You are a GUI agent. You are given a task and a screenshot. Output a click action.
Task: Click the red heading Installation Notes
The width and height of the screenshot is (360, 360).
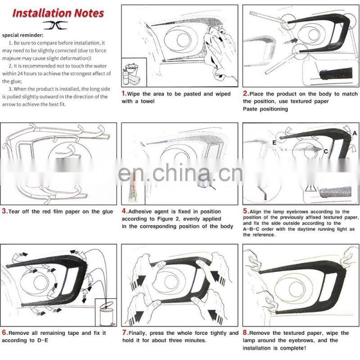pos(58,13)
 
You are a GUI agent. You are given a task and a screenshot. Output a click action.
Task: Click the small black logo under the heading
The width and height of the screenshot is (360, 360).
pos(55,25)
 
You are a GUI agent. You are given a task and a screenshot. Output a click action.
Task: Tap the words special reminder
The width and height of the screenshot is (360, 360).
pos(22,36)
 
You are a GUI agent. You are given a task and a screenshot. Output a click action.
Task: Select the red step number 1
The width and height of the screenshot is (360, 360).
pos(124,94)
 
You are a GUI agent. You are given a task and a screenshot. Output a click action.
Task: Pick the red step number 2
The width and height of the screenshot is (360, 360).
pos(246,94)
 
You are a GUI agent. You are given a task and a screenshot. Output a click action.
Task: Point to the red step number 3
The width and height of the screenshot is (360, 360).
pos(4,211)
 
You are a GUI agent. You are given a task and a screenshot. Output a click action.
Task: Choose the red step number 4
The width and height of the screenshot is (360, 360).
pos(124,211)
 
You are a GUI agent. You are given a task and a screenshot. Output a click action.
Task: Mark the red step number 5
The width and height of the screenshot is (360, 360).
pos(246,211)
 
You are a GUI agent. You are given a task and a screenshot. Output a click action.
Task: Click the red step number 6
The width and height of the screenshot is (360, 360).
pos(4,333)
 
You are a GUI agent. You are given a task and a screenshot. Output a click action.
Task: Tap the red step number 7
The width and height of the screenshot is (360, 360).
pos(125,333)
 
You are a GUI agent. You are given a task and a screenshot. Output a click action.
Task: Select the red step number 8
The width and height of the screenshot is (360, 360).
pos(246,333)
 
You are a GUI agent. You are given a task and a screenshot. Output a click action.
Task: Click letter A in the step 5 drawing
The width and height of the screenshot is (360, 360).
pos(355,133)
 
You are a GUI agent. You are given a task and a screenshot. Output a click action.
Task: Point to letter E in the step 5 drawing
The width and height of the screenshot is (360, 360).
pos(274,143)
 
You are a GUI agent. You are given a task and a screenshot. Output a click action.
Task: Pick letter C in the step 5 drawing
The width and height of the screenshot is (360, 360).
pos(326,152)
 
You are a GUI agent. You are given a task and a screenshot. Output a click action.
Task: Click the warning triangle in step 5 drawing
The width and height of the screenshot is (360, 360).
pos(310,188)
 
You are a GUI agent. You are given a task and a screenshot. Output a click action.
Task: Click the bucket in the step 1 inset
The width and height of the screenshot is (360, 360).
pos(131,69)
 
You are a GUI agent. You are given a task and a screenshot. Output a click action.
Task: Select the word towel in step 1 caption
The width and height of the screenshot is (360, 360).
pos(148,101)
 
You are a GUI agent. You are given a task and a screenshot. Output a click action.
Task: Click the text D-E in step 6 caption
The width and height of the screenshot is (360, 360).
pos(43,340)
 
